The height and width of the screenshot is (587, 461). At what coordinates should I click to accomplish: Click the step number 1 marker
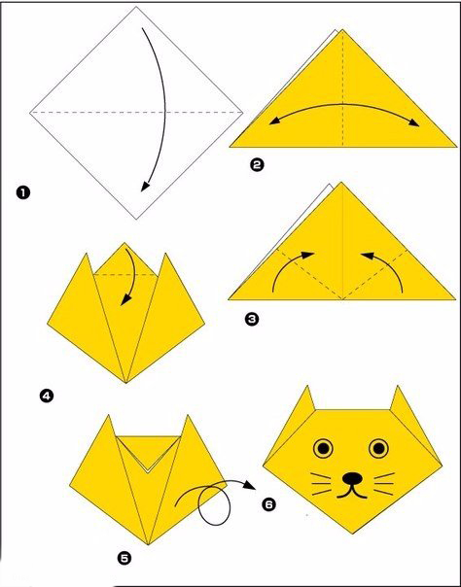point(22,193)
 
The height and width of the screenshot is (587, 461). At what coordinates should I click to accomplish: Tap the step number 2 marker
point(257,164)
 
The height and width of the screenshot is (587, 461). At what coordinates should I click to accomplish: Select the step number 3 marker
point(252,319)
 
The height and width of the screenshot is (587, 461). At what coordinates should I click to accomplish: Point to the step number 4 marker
point(47,396)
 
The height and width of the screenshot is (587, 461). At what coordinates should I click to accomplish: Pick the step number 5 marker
point(124,559)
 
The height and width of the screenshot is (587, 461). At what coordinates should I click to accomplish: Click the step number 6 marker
point(268,504)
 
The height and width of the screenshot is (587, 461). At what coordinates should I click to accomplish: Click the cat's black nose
point(352,477)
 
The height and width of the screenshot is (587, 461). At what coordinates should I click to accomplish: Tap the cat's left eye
point(323,448)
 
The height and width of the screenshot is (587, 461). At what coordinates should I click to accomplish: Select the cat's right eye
point(378,448)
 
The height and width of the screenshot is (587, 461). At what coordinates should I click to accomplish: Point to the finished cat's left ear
point(308,399)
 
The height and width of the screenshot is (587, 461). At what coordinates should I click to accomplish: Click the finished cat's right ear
point(399,399)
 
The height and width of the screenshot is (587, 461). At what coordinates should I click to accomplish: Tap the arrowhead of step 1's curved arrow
point(145,186)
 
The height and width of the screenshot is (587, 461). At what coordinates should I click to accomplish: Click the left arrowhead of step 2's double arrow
point(274,121)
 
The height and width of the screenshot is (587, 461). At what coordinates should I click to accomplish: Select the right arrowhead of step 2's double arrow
point(414,123)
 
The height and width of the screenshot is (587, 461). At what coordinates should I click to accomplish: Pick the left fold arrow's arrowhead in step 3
point(308,255)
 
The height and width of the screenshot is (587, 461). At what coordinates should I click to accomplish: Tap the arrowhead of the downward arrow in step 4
point(125,299)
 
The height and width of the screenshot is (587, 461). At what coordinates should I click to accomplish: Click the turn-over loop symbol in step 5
point(214,505)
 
